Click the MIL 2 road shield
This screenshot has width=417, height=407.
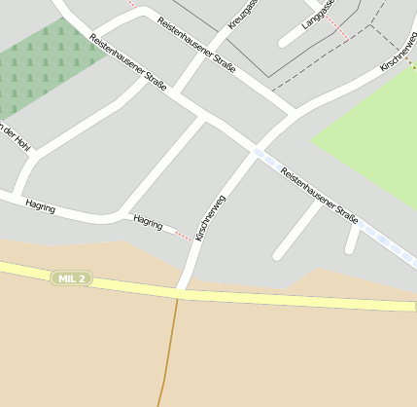pyautogui.click(x=72, y=278)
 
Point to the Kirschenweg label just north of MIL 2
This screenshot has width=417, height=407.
pyautogui.click(x=211, y=218)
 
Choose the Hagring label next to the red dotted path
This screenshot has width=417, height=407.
pyautogui.click(x=148, y=222)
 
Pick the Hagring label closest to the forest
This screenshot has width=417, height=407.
pyautogui.click(x=41, y=207)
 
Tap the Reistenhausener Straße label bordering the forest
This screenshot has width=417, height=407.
pyautogui.click(x=126, y=62)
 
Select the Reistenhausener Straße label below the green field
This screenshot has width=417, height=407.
pyautogui.click(x=320, y=195)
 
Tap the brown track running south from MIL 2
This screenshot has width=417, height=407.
pyautogui.click(x=170, y=351)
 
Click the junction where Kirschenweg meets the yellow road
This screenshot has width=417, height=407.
pyautogui.click(x=182, y=291)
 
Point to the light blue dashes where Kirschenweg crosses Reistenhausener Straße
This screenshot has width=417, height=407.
pyautogui.click(x=259, y=153)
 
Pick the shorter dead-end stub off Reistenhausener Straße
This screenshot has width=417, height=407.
pyautogui.click(x=352, y=240)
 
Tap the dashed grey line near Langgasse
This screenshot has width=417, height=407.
pyautogui.click(x=321, y=64)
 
